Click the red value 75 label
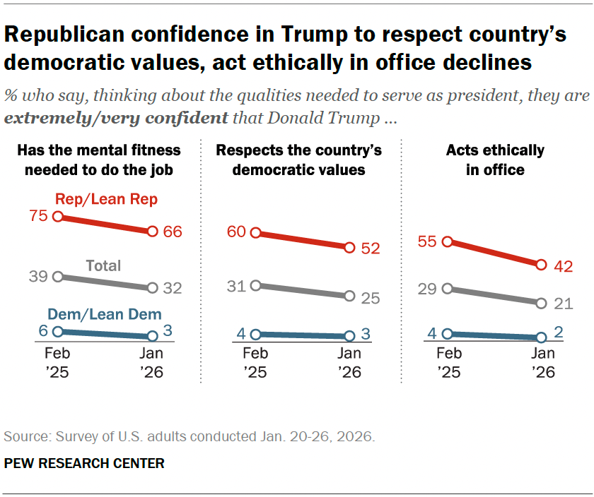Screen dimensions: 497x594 click(39, 216)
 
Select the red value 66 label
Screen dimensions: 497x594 click(173, 232)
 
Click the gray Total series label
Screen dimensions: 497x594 click(103, 266)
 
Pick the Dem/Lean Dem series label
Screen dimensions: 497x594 click(105, 315)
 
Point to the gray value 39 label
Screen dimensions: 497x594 click(38, 276)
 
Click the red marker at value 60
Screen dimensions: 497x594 click(255, 233)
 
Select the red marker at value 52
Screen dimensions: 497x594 click(349, 247)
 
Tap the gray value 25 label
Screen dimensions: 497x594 click(370, 297)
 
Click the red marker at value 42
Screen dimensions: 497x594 click(541, 265)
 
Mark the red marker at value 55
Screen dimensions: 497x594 click(447, 241)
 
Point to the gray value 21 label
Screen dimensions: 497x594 click(562, 304)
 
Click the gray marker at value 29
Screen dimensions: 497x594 click(447, 288)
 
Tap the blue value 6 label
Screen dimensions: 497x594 click(43, 330)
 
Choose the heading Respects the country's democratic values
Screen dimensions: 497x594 click(298, 160)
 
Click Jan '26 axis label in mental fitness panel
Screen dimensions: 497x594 click(151, 362)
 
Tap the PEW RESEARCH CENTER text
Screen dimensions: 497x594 click(84, 464)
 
